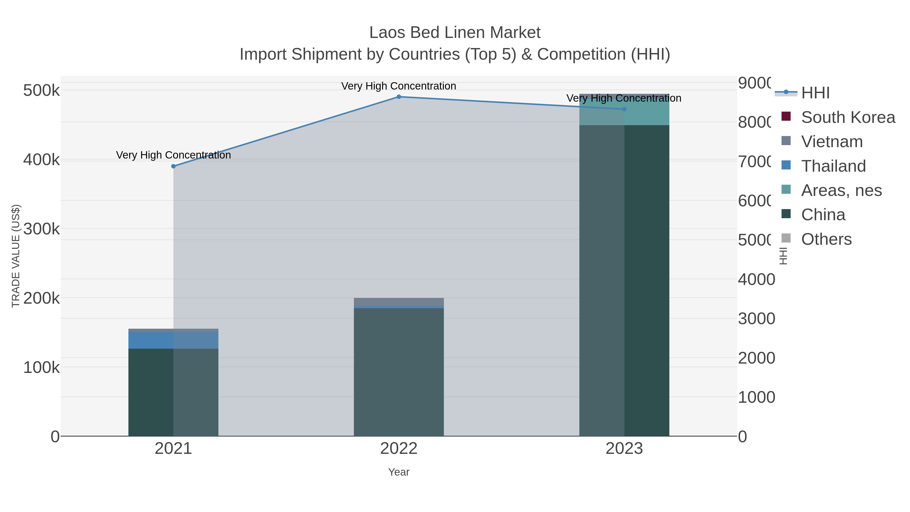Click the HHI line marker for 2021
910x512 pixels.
[173, 166]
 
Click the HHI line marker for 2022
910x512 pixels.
[399, 97]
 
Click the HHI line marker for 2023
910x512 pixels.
[624, 109]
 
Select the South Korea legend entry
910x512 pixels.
[848, 117]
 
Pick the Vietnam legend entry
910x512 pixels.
[832, 142]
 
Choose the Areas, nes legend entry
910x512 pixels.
[841, 190]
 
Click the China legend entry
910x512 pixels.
[823, 215]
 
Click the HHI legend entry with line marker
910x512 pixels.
[815, 93]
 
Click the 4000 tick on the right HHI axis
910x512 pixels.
[756, 279]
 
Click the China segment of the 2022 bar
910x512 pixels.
[399, 371]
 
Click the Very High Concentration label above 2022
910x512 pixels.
[399, 86]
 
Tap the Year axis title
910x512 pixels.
[399, 472]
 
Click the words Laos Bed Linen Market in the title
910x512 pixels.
[455, 33]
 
